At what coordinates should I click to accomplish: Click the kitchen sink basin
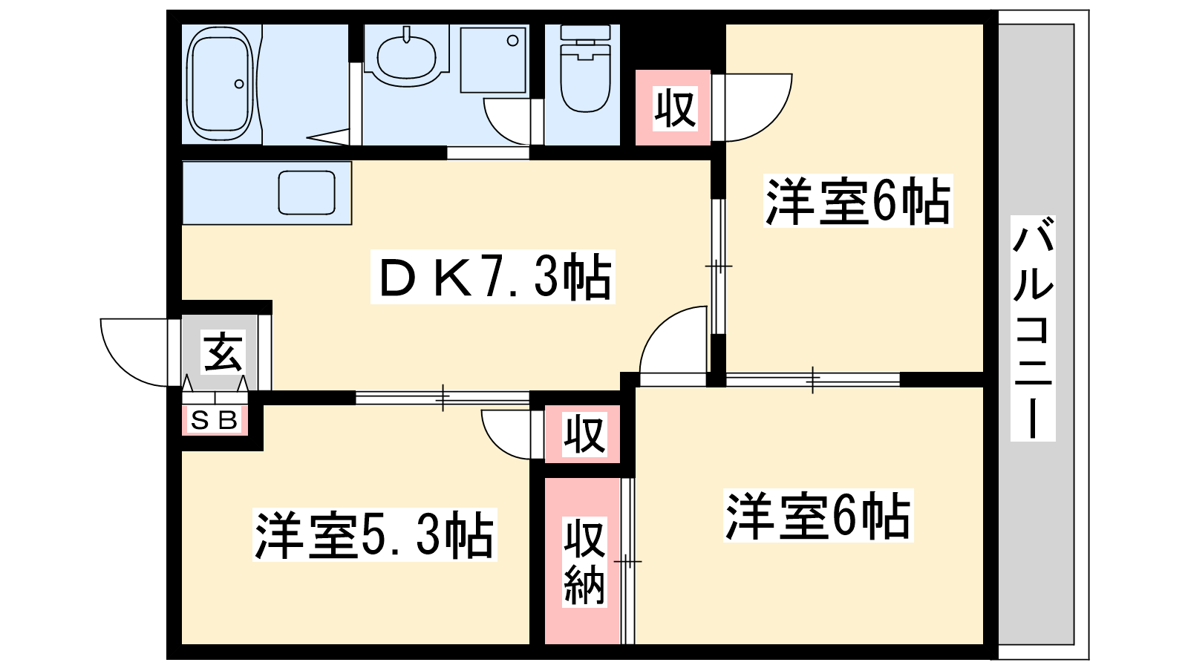[x=307, y=192]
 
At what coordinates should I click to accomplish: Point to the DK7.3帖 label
[x=493, y=277]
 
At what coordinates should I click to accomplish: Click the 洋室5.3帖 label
[x=374, y=535]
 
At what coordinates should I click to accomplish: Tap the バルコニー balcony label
[x=1033, y=328]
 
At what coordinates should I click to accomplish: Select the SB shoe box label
[x=214, y=420]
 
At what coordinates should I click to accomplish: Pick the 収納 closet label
[x=584, y=562]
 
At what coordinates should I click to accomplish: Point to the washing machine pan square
[x=493, y=60]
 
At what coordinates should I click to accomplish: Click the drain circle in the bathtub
[x=239, y=84]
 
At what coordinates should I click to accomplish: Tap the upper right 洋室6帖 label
[x=858, y=201]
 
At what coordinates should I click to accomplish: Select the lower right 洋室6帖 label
[x=818, y=515]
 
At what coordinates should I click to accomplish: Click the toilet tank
[x=586, y=33]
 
